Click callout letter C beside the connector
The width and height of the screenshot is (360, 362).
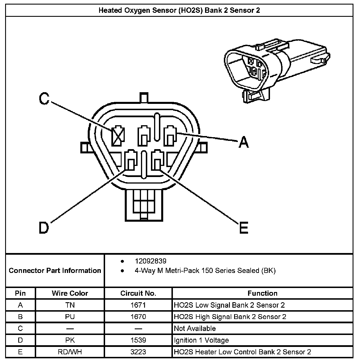44,98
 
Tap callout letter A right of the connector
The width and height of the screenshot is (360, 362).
244,142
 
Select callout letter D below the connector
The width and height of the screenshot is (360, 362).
44,228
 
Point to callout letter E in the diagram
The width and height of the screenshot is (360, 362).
244,228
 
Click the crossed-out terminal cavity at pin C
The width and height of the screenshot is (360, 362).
118,135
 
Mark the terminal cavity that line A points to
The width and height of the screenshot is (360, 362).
170,135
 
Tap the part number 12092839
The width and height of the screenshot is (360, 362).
151,261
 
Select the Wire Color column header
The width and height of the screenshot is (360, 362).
70,293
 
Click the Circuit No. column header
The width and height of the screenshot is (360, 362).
138,293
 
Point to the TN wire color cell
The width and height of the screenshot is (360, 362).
70,305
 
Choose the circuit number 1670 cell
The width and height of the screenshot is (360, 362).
138,317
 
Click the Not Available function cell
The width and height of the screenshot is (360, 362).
195,328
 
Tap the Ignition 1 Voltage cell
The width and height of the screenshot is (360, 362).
201,340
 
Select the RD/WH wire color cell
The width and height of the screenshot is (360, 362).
70,352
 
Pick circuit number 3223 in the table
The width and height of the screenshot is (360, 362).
138,352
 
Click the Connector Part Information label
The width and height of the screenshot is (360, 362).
55,270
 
